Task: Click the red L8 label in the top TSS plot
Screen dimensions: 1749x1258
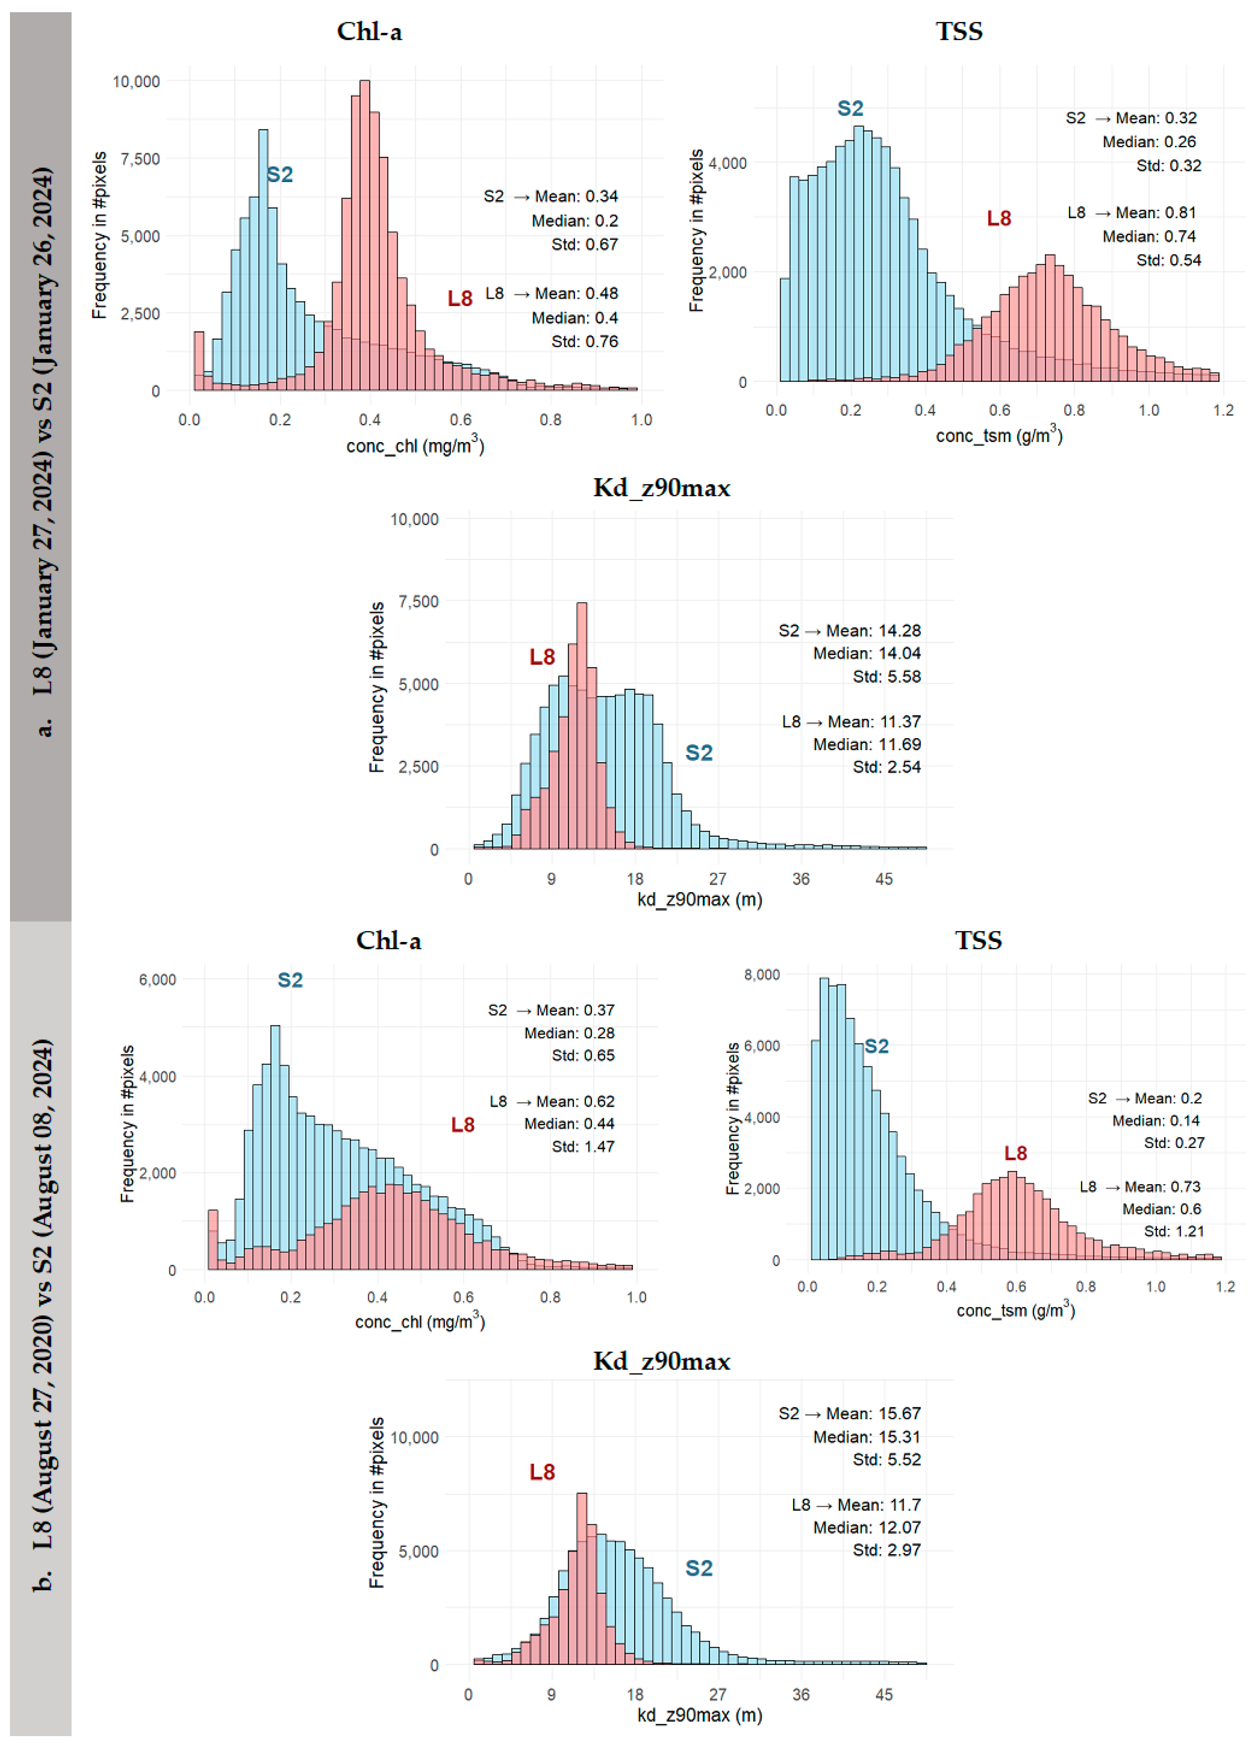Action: tap(999, 219)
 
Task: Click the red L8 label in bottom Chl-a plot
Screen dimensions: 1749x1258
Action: tap(463, 1125)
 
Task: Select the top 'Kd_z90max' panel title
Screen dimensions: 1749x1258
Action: tap(661, 488)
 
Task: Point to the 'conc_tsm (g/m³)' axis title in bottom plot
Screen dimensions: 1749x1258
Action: tap(1015, 1310)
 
